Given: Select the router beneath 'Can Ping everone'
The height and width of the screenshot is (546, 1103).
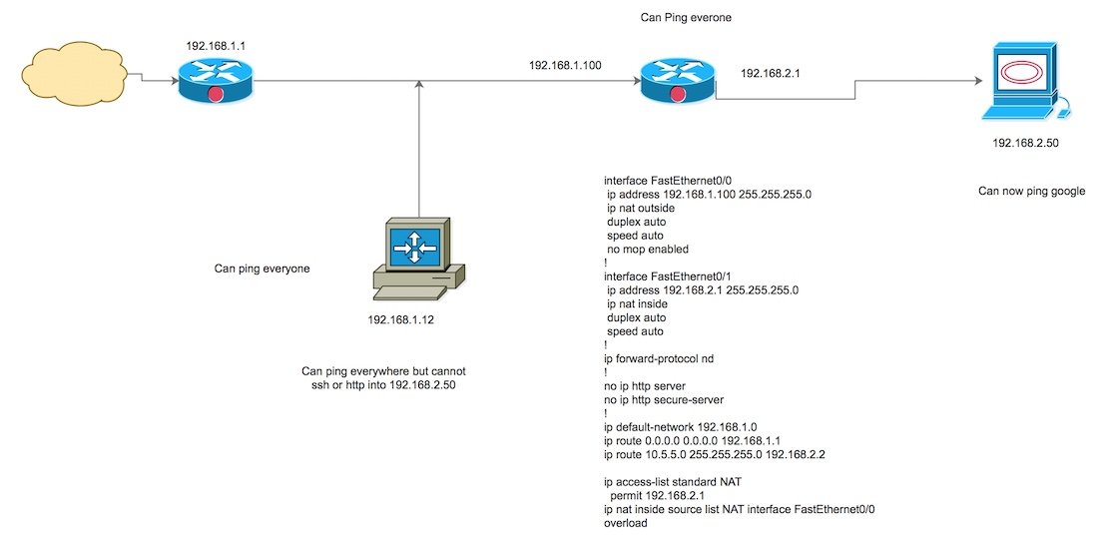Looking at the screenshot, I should tap(678, 79).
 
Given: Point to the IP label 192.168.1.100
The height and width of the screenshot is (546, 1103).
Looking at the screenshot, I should tap(566, 66).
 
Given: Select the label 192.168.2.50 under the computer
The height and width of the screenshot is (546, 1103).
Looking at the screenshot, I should tap(1025, 144).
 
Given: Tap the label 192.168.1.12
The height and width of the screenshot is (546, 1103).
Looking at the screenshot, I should tap(401, 321).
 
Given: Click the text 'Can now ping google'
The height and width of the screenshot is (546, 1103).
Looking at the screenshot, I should tap(1031, 191).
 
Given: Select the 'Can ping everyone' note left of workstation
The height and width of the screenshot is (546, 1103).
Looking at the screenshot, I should tap(262, 269).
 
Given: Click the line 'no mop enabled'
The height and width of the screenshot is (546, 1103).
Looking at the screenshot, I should tap(648, 249).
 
